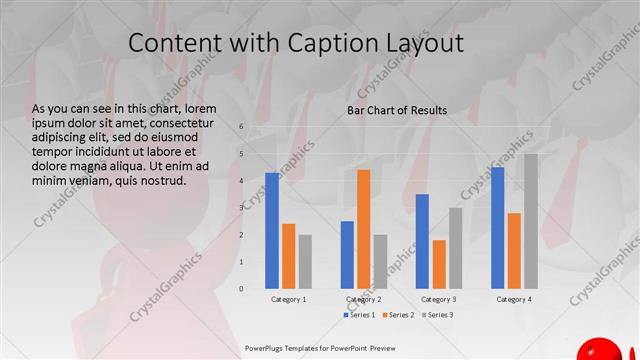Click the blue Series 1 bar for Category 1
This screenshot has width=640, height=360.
click(272, 230)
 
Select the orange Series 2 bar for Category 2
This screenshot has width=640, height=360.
click(363, 229)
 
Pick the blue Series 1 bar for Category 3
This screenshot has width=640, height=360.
click(422, 240)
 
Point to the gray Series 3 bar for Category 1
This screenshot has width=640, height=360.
click(304, 261)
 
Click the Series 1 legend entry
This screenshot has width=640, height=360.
click(360, 315)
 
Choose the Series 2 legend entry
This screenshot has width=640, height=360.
click(398, 315)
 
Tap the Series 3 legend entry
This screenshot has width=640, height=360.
click(436, 315)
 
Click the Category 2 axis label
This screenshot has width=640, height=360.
click(363, 299)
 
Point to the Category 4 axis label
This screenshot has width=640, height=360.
click(514, 299)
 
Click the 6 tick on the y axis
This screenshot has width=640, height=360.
click(241, 126)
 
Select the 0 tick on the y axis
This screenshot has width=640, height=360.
click(241, 288)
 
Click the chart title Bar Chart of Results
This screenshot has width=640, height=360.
click(397, 110)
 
